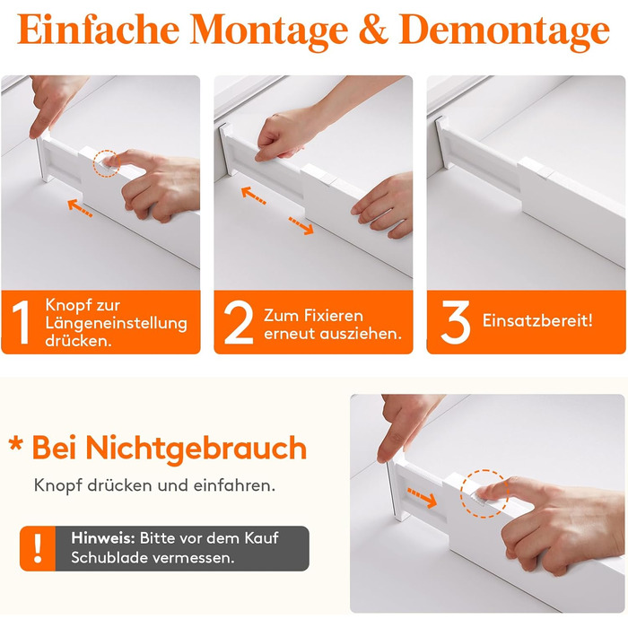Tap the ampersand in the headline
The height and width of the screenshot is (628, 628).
coord(373,29)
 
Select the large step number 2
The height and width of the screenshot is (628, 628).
coord(239,322)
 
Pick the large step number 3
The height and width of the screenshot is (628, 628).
coord(456,322)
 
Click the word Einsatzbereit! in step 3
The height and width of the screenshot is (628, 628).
coord(537,320)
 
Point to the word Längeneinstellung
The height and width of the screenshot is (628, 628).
coord(116,324)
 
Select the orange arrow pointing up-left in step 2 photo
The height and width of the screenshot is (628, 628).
coord(254,196)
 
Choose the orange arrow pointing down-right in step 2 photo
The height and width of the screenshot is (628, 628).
coord(301,226)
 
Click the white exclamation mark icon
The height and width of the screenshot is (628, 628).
coord(38,548)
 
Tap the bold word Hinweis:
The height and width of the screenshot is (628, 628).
coord(103,538)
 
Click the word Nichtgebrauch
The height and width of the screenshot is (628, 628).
coord(196,449)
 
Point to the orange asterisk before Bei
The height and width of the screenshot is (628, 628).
coord(15,444)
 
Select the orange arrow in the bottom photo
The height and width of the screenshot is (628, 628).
coord(422,498)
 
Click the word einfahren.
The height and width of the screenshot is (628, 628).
coord(234,485)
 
